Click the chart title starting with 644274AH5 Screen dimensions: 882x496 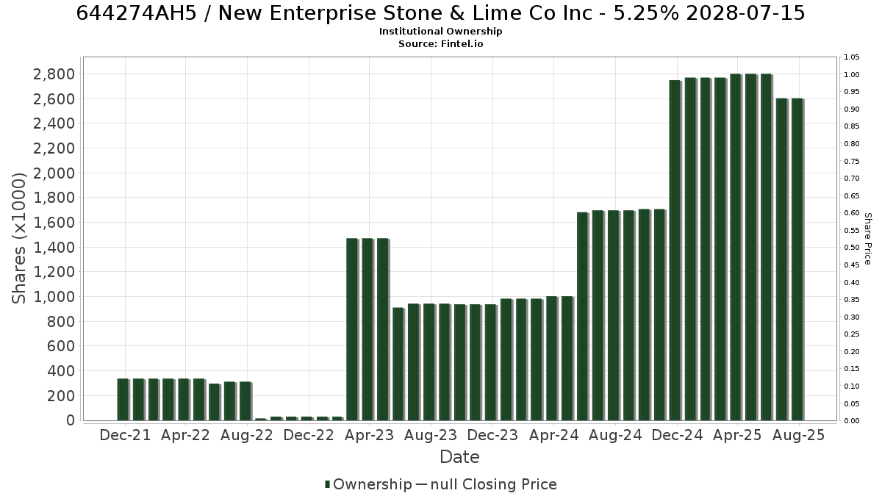point(440,13)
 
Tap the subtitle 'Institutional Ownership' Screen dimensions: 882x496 point(440,32)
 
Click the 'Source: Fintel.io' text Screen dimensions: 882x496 point(440,43)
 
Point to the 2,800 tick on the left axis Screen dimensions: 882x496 point(54,74)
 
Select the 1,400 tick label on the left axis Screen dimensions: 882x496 point(54,247)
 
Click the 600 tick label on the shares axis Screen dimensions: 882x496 point(61,346)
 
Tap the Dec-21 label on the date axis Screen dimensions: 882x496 point(125,435)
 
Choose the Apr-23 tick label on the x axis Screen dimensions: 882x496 point(369,435)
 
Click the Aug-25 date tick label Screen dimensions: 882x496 point(798,435)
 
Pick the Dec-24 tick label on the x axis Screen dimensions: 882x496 point(677,435)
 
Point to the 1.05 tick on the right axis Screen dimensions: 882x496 point(851,57)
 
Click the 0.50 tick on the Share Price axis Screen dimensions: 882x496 point(851,247)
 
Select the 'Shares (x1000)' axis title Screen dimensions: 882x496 point(18,238)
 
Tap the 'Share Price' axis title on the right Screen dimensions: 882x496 point(867,239)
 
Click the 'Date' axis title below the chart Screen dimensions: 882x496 point(459,457)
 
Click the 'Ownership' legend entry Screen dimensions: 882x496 point(368,484)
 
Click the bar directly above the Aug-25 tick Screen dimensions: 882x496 point(797,259)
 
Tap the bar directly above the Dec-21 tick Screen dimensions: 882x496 point(123,400)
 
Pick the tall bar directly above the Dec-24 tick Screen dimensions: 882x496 point(675,251)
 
